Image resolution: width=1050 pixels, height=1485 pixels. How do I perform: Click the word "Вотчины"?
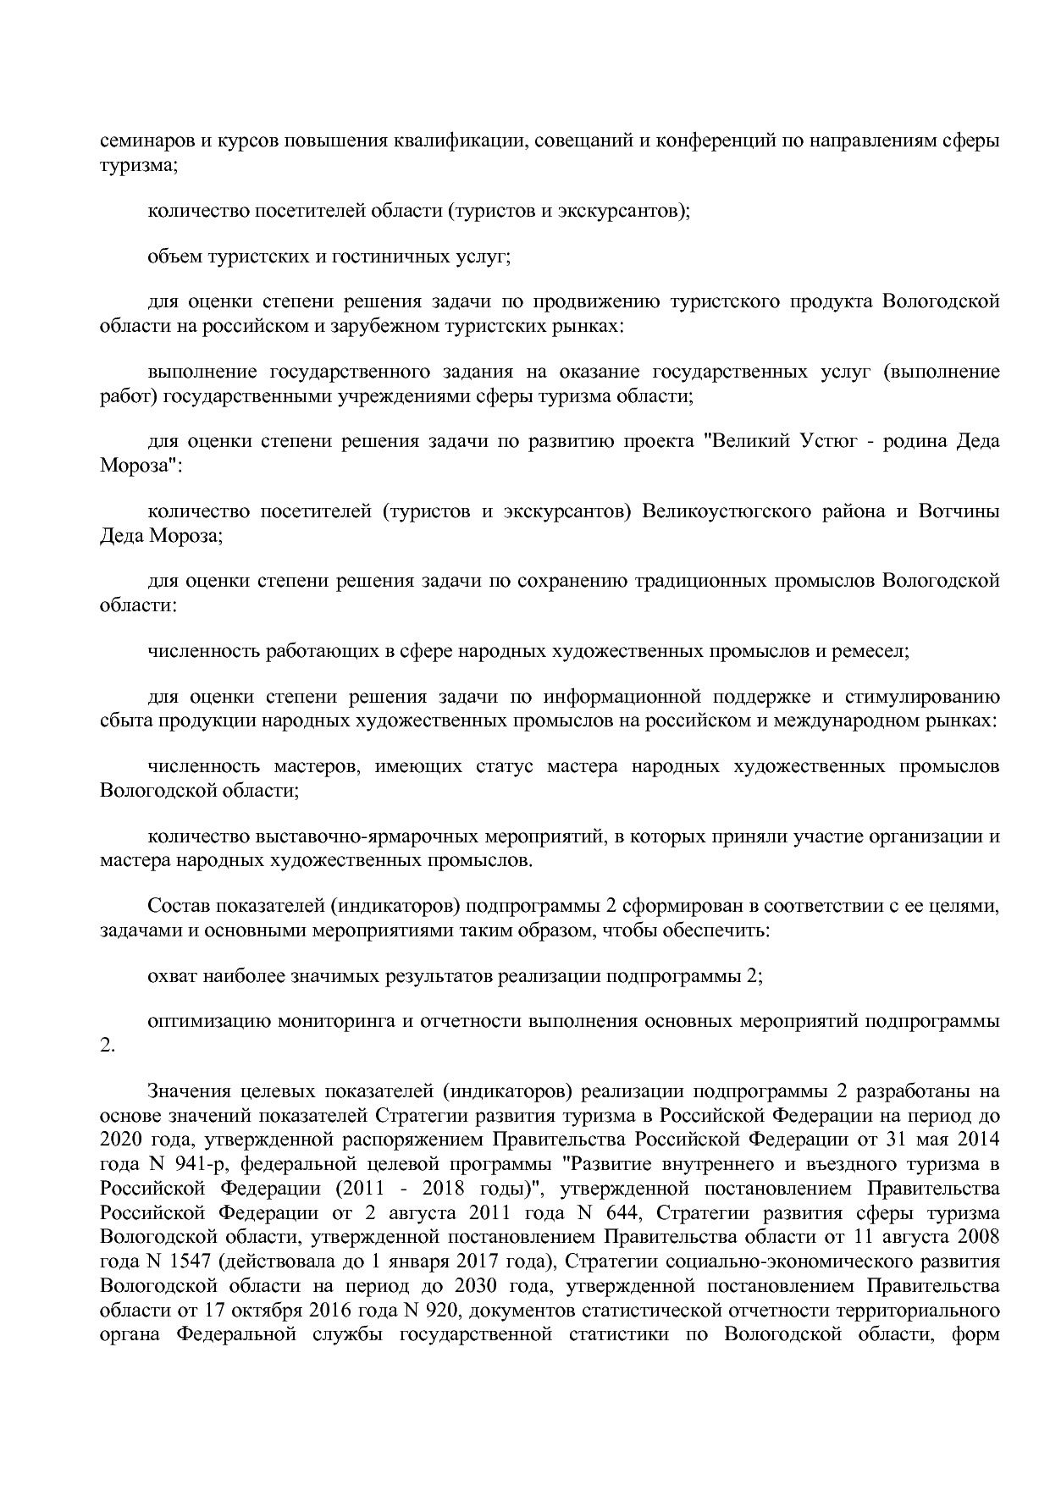pos(964,511)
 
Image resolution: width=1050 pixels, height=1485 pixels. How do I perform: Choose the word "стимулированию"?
pos(930,697)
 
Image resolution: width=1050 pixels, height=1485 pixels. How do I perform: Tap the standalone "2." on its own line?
pos(107,1046)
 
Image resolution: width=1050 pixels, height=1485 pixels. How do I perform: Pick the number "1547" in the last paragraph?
pos(191,1262)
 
